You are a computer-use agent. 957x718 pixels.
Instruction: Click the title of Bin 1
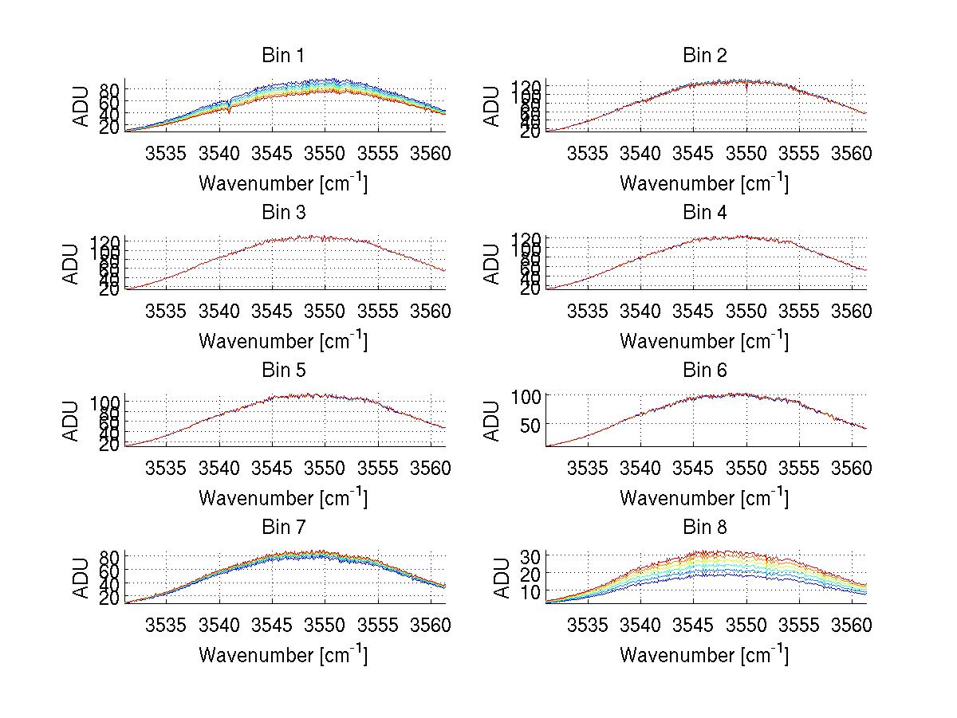point(283,56)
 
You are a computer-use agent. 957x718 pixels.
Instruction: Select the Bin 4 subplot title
point(705,213)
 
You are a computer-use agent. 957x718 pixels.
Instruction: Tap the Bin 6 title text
point(705,371)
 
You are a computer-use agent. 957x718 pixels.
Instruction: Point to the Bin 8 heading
point(705,528)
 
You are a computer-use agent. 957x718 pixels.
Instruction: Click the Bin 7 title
point(283,528)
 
